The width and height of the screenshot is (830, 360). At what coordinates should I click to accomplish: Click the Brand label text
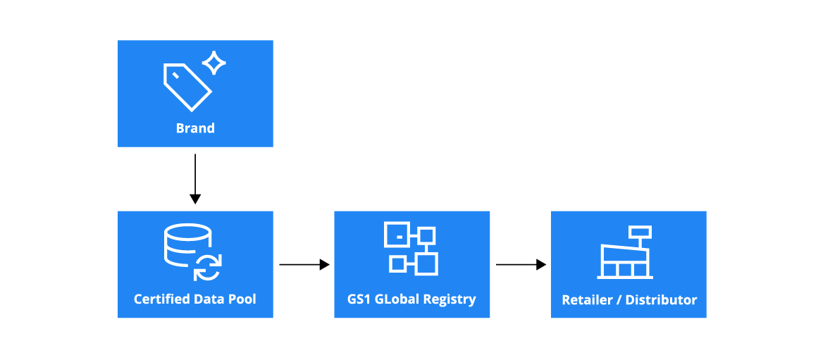pyautogui.click(x=195, y=128)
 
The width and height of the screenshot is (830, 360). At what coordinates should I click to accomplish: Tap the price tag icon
pyautogui.click(x=187, y=87)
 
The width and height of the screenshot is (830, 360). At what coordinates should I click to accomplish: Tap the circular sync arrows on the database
pyautogui.click(x=208, y=268)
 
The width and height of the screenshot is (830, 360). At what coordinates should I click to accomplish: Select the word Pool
pyautogui.click(x=242, y=299)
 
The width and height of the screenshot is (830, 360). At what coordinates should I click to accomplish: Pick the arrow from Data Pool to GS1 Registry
pyautogui.click(x=304, y=265)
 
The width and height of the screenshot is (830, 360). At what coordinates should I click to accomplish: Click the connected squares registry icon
pyautogui.click(x=411, y=248)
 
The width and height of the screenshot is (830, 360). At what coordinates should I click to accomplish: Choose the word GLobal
pyautogui.click(x=398, y=299)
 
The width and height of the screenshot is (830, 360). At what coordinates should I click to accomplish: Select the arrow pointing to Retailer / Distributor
pyautogui.click(x=521, y=265)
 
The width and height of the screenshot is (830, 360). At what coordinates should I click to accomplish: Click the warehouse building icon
pyautogui.click(x=623, y=261)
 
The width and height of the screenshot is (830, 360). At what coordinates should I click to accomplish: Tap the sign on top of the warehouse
pyautogui.click(x=640, y=231)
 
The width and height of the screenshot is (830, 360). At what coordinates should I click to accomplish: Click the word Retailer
pyautogui.click(x=587, y=300)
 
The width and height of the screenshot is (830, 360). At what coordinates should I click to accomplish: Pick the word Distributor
pyautogui.click(x=662, y=300)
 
